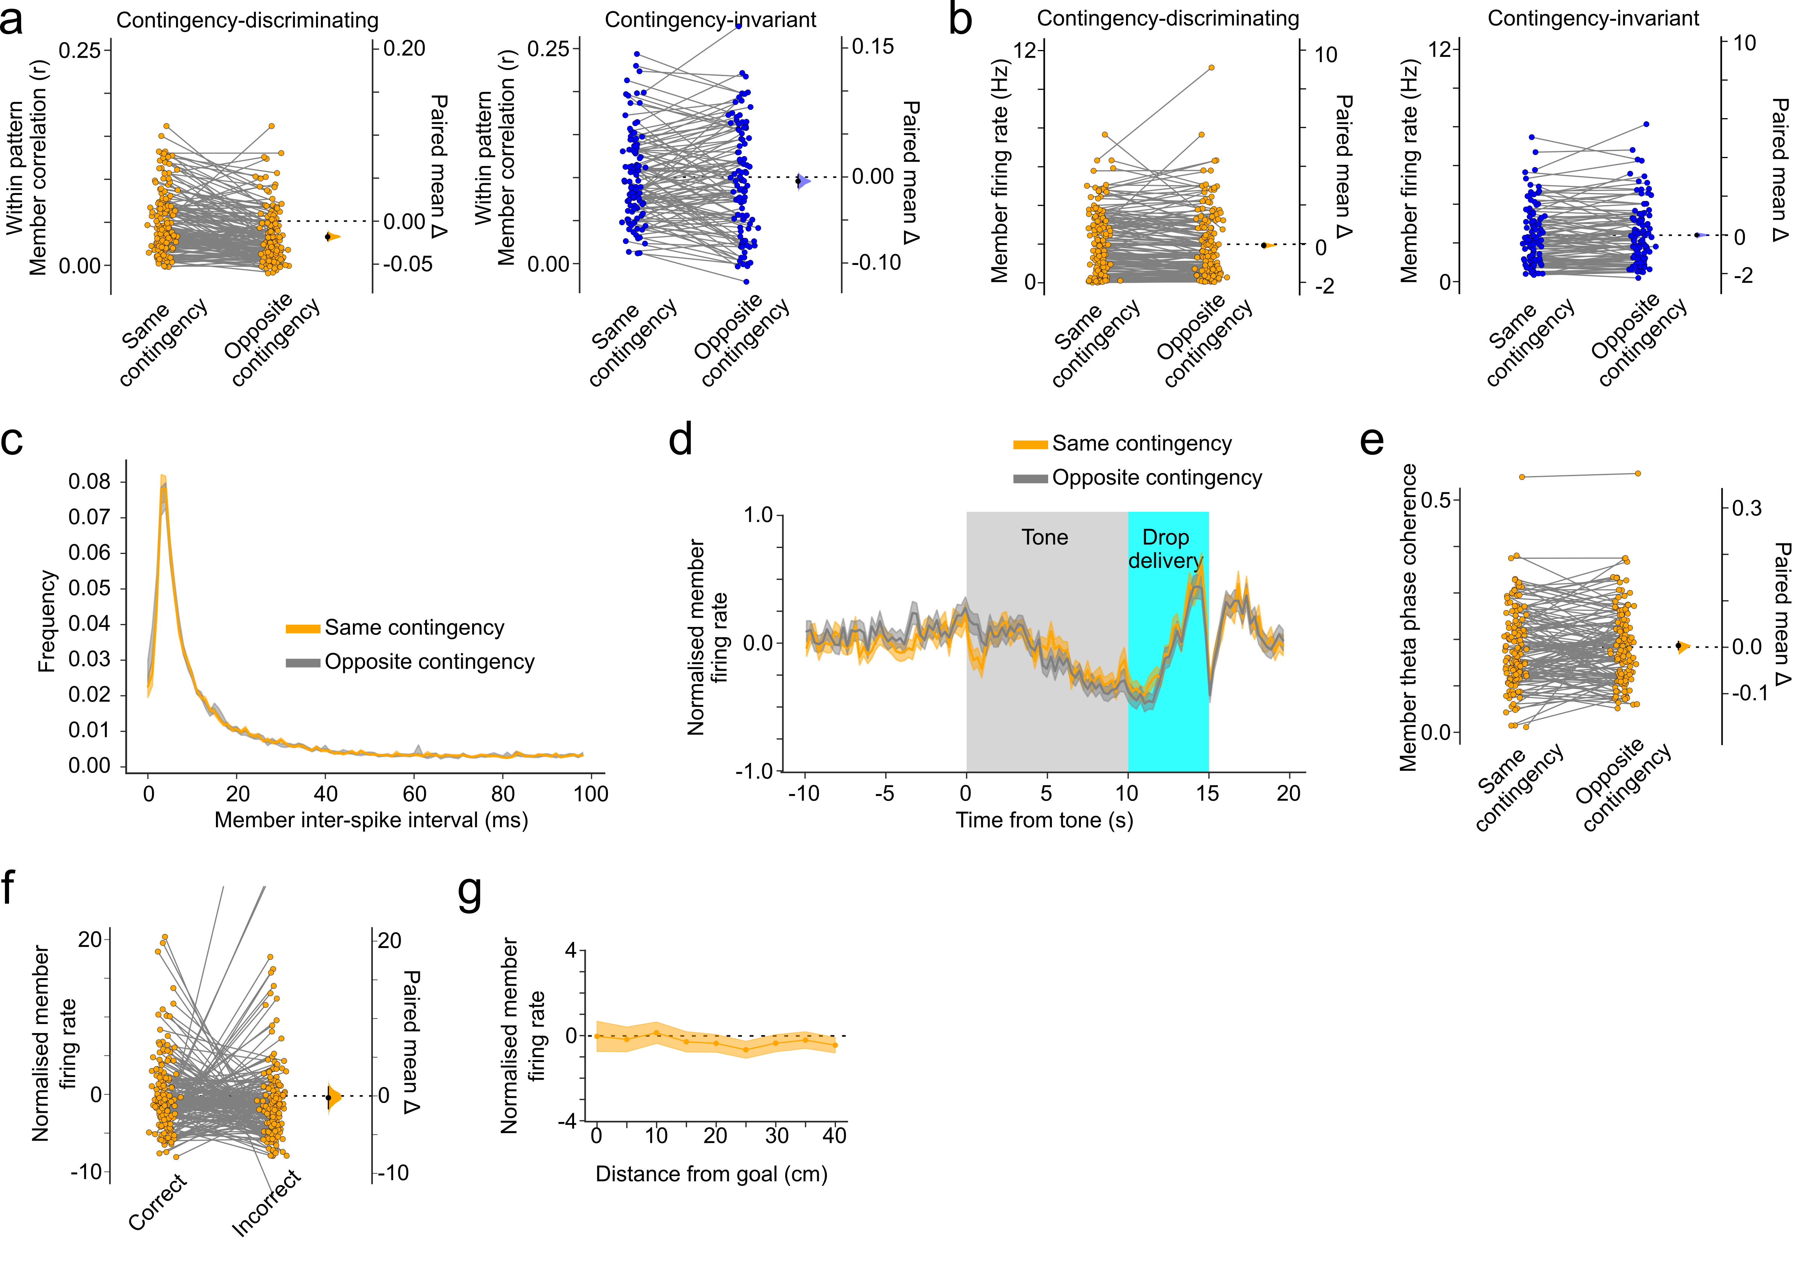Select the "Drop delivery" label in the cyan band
[x=1166, y=549]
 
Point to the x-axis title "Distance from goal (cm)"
[x=711, y=1175]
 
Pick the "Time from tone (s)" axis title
[x=1044, y=820]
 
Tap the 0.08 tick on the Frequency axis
[x=89, y=482]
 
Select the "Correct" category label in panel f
[x=158, y=1203]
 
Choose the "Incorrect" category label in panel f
[x=266, y=1203]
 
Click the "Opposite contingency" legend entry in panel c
[x=429, y=662]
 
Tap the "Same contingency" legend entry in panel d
[x=1141, y=444]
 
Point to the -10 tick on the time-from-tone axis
[x=804, y=794]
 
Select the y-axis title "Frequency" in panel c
[x=47, y=622]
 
